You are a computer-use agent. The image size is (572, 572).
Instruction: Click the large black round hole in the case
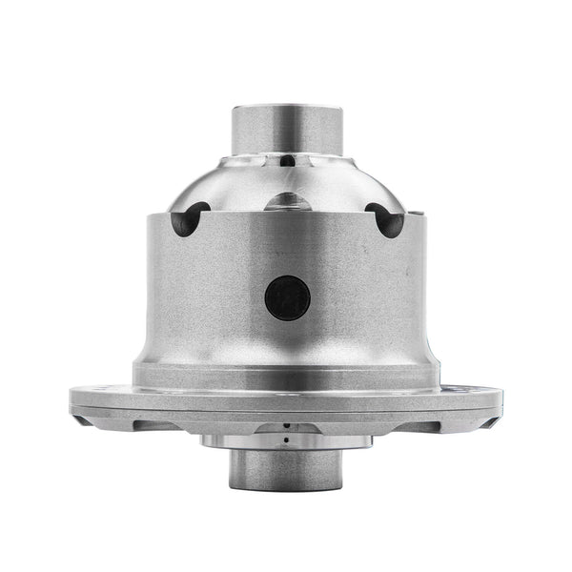point(288,297)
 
